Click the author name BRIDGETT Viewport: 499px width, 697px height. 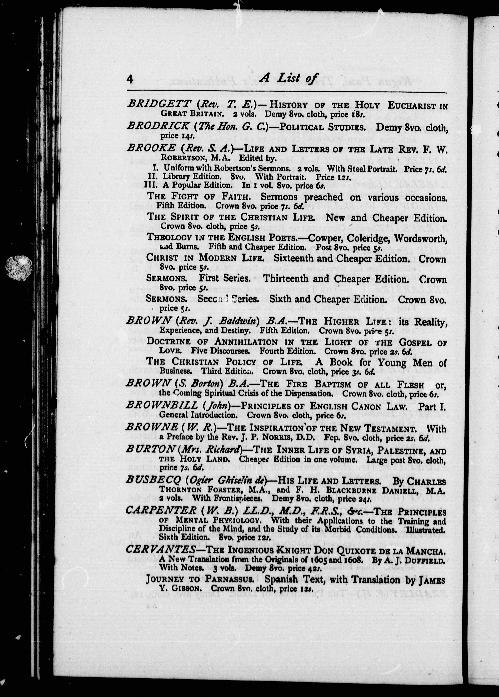[x=158, y=104]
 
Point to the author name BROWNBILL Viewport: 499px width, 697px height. [x=162, y=406]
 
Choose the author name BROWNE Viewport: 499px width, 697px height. [x=152, y=427]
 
